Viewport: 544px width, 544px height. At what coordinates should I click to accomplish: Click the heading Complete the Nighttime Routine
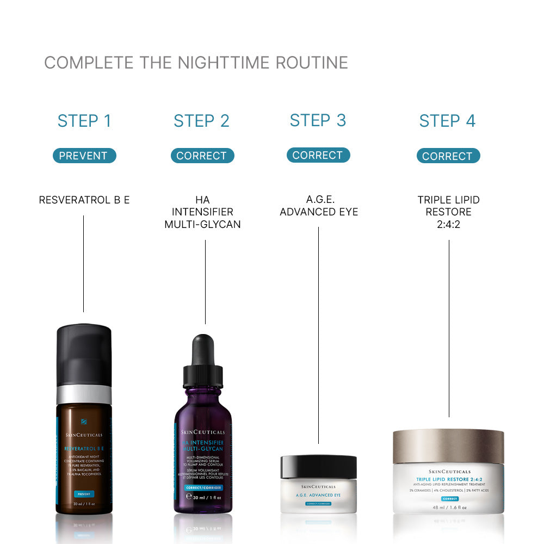click(x=196, y=63)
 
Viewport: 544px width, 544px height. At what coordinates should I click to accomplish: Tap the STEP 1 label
click(x=84, y=121)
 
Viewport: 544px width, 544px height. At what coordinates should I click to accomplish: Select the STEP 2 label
click(x=201, y=121)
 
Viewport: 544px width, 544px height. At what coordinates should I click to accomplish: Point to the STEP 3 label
click(x=318, y=120)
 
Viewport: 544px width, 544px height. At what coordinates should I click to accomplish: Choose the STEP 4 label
click(x=447, y=121)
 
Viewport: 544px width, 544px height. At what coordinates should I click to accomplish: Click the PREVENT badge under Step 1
click(x=84, y=156)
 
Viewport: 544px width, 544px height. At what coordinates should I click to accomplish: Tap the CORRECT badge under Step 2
click(x=202, y=156)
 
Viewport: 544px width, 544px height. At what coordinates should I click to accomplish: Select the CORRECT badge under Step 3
click(x=318, y=155)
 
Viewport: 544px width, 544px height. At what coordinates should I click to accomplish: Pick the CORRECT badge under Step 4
click(x=448, y=156)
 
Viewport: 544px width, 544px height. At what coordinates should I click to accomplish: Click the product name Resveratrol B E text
click(x=84, y=200)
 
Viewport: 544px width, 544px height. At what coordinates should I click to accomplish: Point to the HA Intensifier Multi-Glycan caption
click(x=202, y=212)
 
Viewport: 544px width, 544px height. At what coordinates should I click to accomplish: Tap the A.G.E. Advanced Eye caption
click(x=319, y=206)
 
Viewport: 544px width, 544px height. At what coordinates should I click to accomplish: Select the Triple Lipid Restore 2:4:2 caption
click(x=448, y=212)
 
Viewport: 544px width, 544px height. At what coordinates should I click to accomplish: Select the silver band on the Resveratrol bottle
click(x=84, y=394)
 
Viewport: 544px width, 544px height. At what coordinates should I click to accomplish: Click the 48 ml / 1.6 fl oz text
click(x=448, y=508)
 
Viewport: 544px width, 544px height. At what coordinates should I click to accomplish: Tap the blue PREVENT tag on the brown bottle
click(x=84, y=494)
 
